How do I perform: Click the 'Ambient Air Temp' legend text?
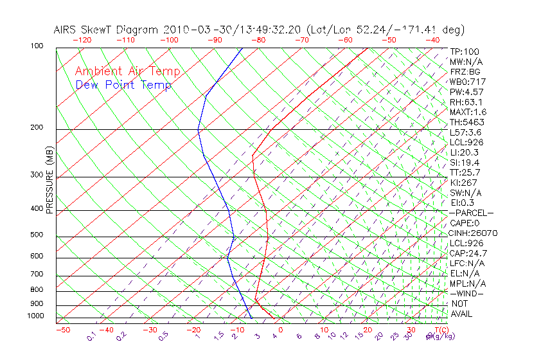click(127, 71)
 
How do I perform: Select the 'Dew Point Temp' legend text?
click(123, 85)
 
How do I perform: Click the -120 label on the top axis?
click(82, 40)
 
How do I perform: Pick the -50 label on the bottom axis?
click(63, 330)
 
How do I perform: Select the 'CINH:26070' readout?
click(474, 233)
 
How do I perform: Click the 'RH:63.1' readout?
click(466, 102)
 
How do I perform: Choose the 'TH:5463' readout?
click(467, 122)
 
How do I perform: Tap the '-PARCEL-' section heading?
click(471, 213)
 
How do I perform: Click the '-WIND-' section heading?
click(467, 294)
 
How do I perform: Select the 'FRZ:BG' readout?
click(465, 72)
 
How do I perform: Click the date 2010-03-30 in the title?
click(191, 30)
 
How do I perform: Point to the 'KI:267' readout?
click(463, 183)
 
